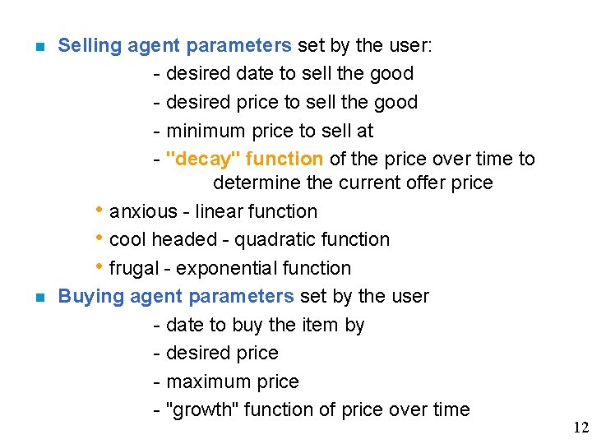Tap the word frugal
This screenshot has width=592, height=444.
coord(136,268)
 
